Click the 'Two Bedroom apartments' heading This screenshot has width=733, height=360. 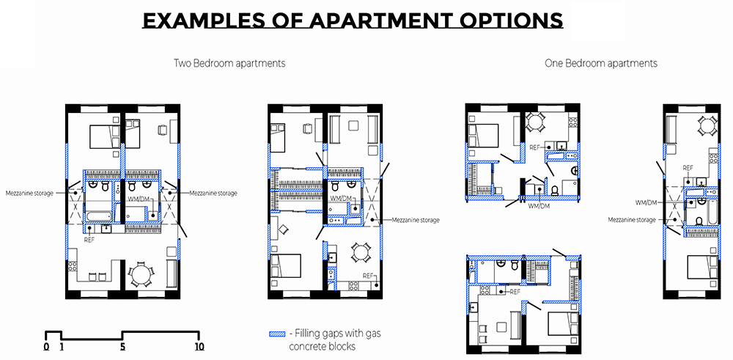click(x=229, y=63)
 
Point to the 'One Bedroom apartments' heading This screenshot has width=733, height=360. click(x=601, y=63)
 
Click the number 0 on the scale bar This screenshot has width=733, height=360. click(x=45, y=347)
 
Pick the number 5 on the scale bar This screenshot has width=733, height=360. click(x=122, y=347)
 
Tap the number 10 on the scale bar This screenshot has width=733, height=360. click(x=199, y=347)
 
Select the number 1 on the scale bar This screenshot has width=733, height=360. click(x=62, y=347)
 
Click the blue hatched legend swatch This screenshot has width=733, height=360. click(x=277, y=334)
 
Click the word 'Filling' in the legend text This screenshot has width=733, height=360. click(x=307, y=334)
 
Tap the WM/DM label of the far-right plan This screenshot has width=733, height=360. click(x=646, y=202)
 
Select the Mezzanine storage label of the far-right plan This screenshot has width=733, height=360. click(x=632, y=220)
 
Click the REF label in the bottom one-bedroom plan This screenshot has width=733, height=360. click(x=515, y=292)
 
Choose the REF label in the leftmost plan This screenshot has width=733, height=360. click(x=89, y=240)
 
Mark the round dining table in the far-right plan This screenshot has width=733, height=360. click(x=705, y=125)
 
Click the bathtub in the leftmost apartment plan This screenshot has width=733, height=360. click(x=99, y=216)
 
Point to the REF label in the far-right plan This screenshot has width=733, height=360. click(x=688, y=167)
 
